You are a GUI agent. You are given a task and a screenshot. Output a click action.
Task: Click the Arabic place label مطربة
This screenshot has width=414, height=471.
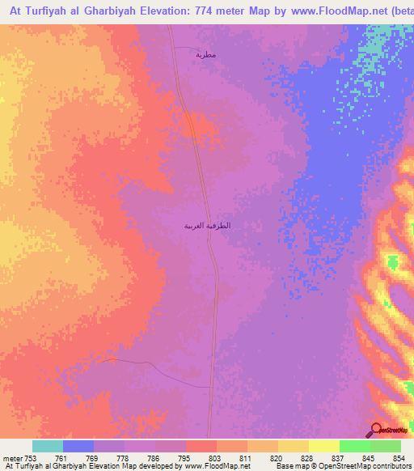click(205, 54)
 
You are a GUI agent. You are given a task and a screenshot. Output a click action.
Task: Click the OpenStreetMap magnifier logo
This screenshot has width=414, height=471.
click(376, 430)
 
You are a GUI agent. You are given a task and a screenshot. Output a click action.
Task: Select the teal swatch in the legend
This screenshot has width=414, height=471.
click(48, 446)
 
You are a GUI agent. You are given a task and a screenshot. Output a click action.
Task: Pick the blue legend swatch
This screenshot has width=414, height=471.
click(78, 446)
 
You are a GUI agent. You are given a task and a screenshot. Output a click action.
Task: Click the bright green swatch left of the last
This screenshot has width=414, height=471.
click(355, 446)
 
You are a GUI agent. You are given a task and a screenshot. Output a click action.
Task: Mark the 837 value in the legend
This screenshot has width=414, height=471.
click(339, 458)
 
